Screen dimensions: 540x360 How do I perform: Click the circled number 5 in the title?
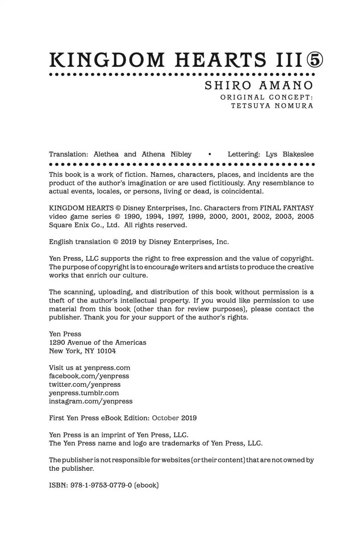(x=314, y=60)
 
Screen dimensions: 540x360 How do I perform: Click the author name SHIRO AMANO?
(x=259, y=86)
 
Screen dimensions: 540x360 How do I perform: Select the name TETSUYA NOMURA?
(x=272, y=106)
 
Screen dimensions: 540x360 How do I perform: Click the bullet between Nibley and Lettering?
(x=210, y=154)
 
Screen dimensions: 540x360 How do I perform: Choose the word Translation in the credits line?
(x=68, y=154)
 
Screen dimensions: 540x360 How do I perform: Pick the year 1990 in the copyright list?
(x=132, y=216)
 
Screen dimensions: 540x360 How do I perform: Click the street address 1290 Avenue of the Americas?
(x=98, y=342)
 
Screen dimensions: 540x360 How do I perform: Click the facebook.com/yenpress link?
(x=89, y=376)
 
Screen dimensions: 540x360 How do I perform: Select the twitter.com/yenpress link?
(x=84, y=384)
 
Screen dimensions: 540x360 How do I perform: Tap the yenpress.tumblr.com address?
(x=84, y=393)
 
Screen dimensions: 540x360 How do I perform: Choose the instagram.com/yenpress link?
(x=90, y=401)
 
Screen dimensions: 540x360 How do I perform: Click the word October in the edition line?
(x=165, y=418)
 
